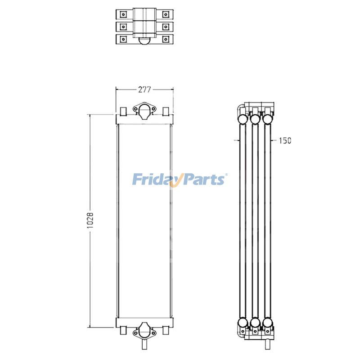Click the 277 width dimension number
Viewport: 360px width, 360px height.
[x=144, y=90]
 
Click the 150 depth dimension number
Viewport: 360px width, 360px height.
[x=285, y=140]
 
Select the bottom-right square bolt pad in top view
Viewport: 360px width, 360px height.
[x=166, y=40]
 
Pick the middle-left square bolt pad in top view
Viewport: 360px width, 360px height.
[x=122, y=27]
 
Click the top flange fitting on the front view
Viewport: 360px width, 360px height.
[x=144, y=111]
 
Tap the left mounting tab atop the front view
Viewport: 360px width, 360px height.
[x=123, y=111]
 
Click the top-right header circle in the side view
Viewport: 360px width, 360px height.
[x=268, y=118]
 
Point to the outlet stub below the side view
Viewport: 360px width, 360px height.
[x=268, y=344]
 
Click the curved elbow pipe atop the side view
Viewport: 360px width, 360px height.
[x=240, y=109]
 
